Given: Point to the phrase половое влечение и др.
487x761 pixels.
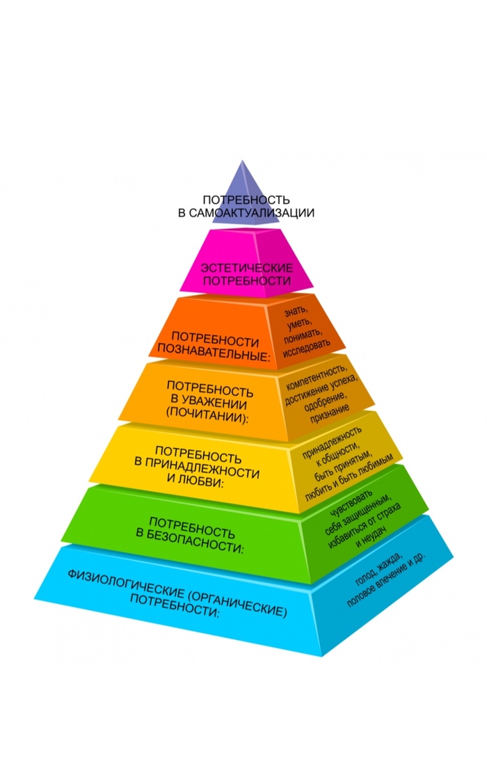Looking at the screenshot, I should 386,584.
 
